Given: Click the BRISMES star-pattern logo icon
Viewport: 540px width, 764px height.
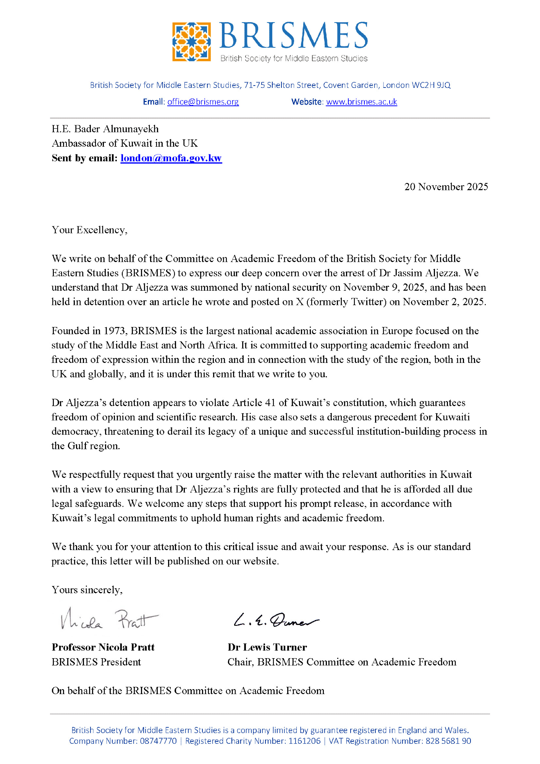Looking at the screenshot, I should tap(191, 42).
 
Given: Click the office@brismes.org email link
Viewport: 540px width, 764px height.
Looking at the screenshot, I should tap(203, 102).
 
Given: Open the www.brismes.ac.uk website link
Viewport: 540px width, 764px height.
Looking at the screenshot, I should tap(361, 102).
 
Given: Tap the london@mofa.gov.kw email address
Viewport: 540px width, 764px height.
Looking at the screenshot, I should tap(171, 158).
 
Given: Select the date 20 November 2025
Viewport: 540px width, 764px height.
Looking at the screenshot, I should tap(446, 187).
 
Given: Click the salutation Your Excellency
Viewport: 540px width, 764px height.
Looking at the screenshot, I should tap(89, 230).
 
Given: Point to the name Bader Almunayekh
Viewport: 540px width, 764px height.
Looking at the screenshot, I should tap(116, 129).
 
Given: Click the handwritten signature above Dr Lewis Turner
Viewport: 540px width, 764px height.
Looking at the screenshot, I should tap(276, 620).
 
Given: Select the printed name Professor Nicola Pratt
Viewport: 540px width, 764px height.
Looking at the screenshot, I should tap(103, 647).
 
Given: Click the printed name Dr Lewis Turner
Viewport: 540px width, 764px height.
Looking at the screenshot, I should tap(267, 647).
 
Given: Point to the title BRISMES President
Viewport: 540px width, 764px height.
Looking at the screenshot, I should tap(96, 662).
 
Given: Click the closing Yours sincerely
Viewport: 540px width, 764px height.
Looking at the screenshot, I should tap(87, 590).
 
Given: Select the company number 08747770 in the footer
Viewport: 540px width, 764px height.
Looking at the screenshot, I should tap(158, 741).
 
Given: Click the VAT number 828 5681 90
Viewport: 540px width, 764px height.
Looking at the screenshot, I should tap(448, 741).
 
